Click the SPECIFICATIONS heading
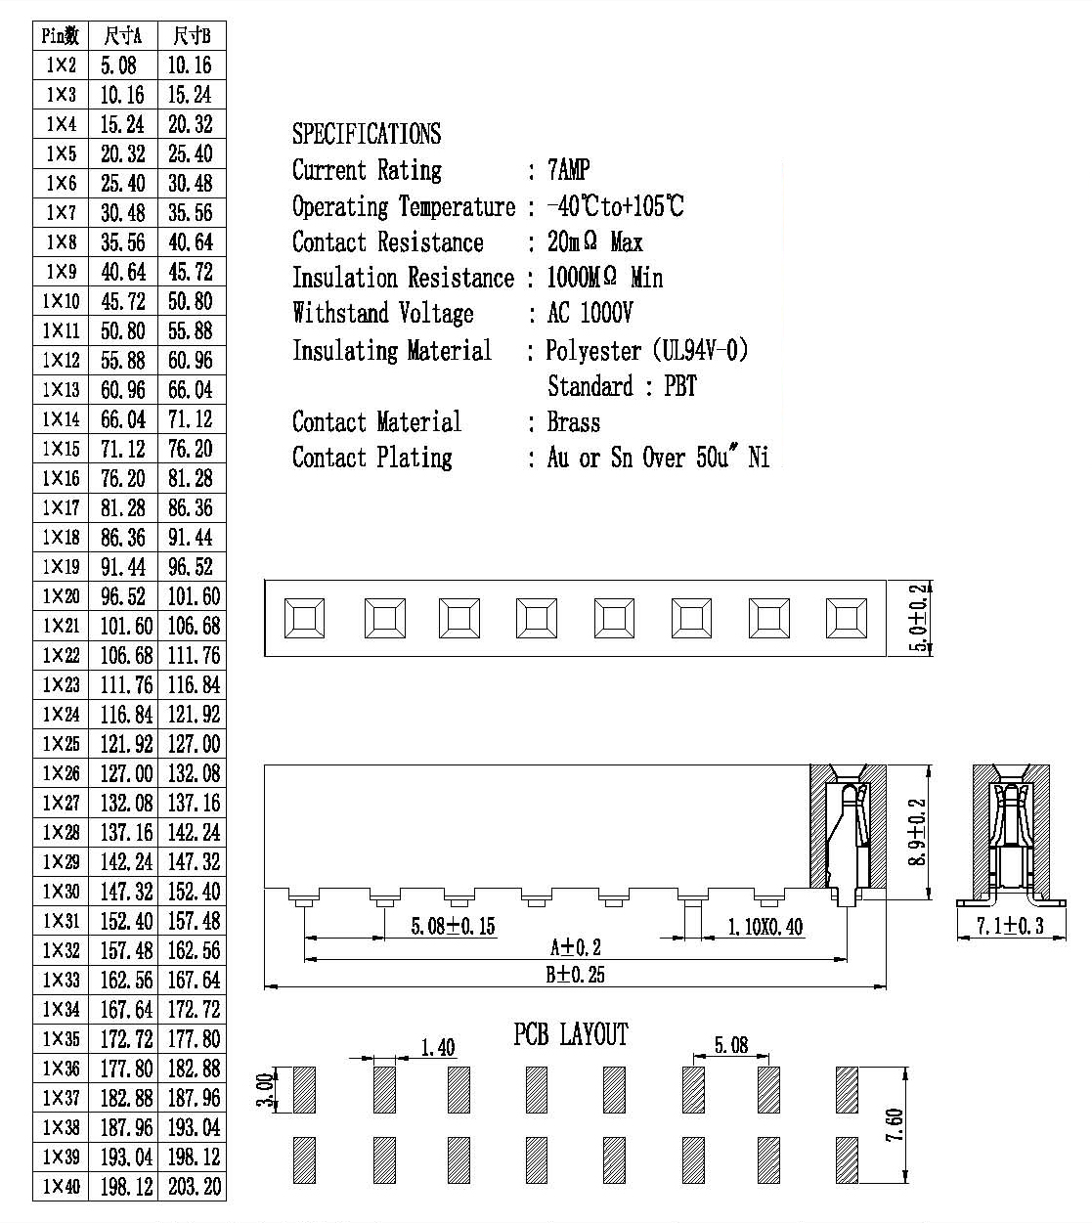pyautogui.click(x=367, y=134)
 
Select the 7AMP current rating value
pyautogui.click(x=568, y=170)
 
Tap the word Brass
pyautogui.click(x=574, y=422)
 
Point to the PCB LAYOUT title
pyautogui.click(x=571, y=1034)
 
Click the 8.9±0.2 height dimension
pyautogui.click(x=916, y=832)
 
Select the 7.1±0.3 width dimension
pyautogui.click(x=1010, y=926)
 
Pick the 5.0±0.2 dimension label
pyautogui.click(x=918, y=618)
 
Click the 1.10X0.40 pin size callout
pyautogui.click(x=765, y=927)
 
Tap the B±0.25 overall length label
pyautogui.click(x=575, y=975)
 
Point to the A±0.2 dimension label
pyautogui.click(x=575, y=947)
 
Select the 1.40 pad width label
pyautogui.click(x=438, y=1047)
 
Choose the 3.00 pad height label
pyautogui.click(x=264, y=1090)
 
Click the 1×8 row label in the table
pyautogui.click(x=61, y=242)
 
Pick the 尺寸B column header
pyautogui.click(x=192, y=36)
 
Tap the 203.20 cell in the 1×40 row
pyautogui.click(x=195, y=1186)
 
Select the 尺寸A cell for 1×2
pyautogui.click(x=118, y=66)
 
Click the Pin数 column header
pyautogui.click(x=61, y=36)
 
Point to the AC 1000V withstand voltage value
pyautogui.click(x=590, y=313)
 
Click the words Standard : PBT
pyautogui.click(x=622, y=386)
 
